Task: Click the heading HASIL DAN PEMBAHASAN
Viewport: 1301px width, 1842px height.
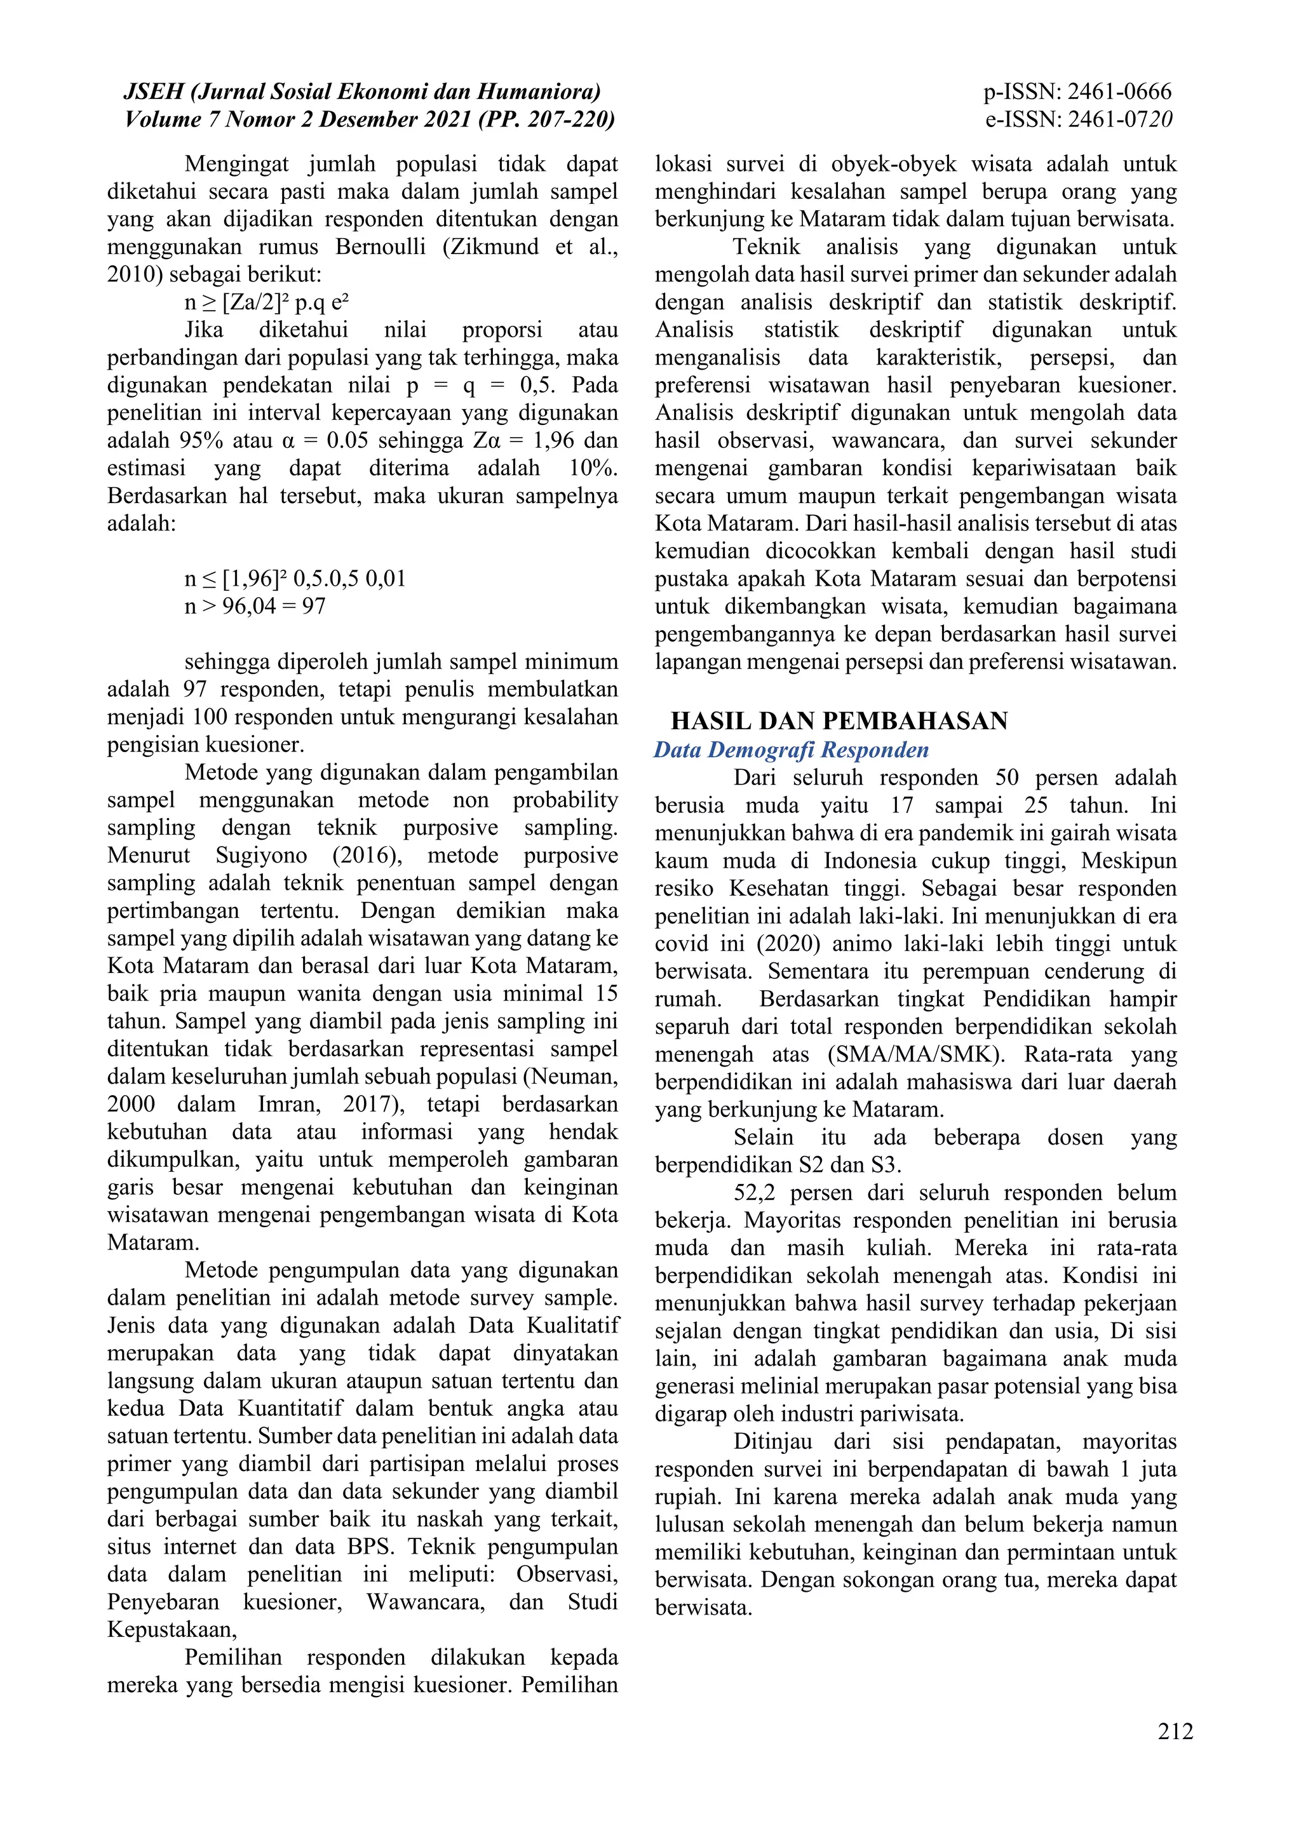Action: tap(839, 721)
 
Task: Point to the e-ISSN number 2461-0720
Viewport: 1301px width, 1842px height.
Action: tap(1121, 120)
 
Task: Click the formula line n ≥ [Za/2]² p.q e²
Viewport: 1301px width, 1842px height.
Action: tap(266, 302)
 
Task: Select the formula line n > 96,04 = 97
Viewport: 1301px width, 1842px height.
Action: tap(255, 606)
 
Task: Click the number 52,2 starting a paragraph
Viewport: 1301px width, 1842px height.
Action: tap(755, 1193)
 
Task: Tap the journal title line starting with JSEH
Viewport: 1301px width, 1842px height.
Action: tap(362, 92)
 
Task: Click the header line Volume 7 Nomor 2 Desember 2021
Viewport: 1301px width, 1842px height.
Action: tap(370, 120)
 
